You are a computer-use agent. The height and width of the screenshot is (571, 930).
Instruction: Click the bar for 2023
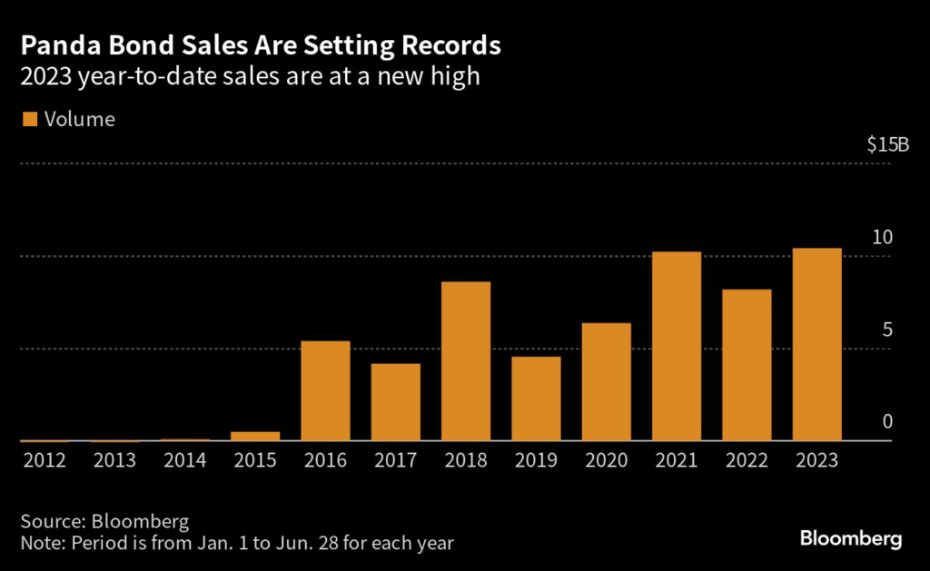coord(816,345)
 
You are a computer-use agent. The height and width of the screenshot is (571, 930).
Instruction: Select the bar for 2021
coord(676,347)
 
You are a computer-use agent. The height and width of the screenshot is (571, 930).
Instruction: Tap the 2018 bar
coord(465,361)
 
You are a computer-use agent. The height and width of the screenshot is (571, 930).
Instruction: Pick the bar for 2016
coord(325,391)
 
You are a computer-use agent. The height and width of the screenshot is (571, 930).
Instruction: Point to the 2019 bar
coord(536,399)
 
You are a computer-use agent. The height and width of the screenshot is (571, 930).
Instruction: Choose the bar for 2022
coord(747,365)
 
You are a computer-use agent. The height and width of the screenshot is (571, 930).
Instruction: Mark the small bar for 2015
coord(255,436)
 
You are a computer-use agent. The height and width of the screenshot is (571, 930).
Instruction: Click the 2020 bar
coord(606,382)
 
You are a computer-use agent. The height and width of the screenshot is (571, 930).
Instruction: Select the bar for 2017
coord(395,402)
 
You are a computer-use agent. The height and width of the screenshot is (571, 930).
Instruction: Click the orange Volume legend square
coord(28,119)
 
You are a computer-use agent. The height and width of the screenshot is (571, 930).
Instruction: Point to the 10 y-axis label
coord(883,238)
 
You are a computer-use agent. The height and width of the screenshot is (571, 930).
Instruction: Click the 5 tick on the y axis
coord(887,330)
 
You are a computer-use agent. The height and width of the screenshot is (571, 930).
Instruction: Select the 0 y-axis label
coord(887,422)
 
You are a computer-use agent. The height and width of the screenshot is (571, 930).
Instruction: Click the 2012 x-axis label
coord(45,460)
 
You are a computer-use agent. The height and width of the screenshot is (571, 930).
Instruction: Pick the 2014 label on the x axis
coord(185,460)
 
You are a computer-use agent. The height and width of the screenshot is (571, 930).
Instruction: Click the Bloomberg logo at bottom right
coord(851,538)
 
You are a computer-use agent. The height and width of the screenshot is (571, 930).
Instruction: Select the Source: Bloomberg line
coord(104,522)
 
